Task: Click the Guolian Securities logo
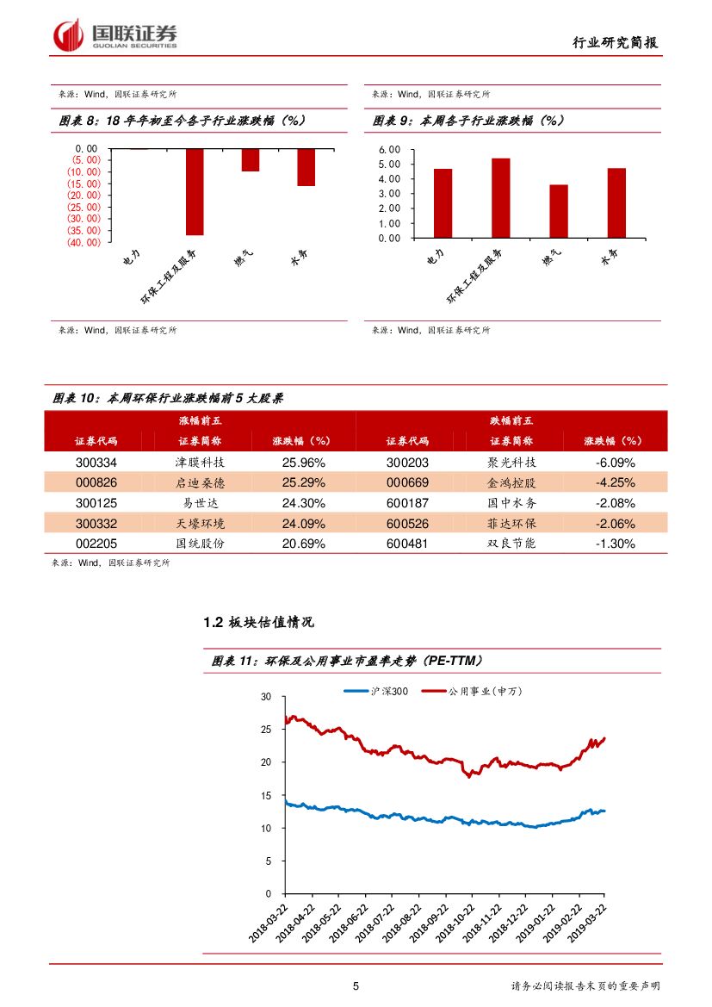click(x=115, y=34)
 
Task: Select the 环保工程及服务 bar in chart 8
click(x=195, y=191)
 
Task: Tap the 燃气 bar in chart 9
click(x=559, y=211)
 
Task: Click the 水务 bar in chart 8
click(x=306, y=167)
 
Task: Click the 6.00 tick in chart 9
click(x=390, y=150)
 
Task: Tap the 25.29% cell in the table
click(x=303, y=482)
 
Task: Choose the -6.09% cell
click(x=615, y=462)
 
